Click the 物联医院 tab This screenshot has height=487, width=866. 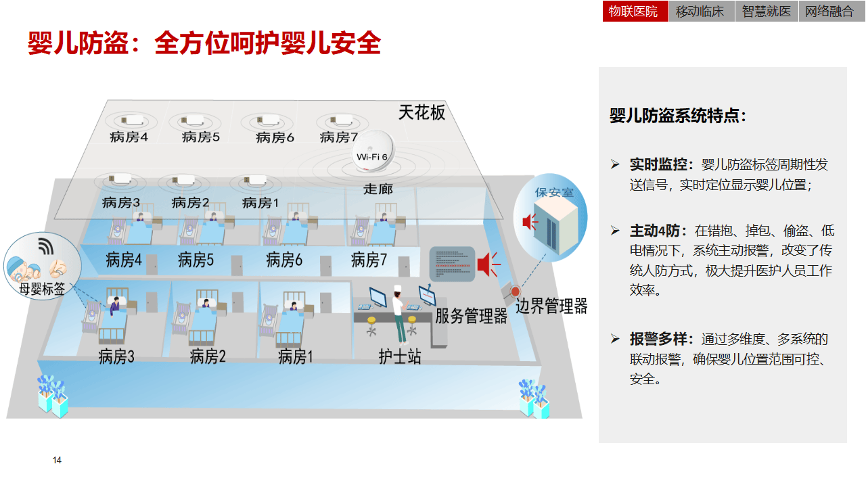(635, 11)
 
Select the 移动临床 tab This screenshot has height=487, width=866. (700, 11)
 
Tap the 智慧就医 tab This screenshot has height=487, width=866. (766, 11)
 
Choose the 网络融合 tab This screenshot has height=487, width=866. (829, 11)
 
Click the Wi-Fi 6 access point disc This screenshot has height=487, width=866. (372, 153)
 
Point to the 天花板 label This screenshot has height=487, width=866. (421, 112)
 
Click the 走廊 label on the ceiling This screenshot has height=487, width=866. (378, 189)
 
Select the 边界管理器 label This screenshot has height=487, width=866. (551, 306)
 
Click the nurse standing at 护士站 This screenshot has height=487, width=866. (399, 314)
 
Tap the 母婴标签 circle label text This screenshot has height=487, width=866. (42, 289)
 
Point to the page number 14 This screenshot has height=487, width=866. (57, 461)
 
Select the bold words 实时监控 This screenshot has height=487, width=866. (662, 164)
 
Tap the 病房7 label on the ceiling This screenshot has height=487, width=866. (338, 137)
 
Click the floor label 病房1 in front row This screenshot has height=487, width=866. (296, 356)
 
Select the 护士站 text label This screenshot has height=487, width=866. (399, 356)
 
